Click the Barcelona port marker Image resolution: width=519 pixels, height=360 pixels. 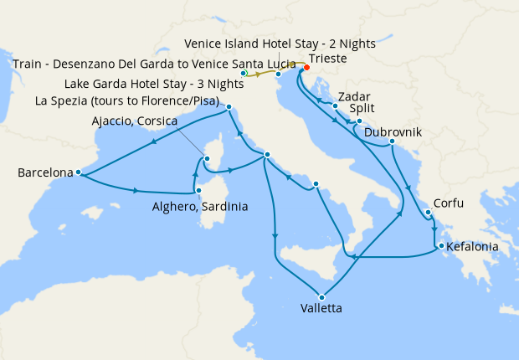pos(78,172)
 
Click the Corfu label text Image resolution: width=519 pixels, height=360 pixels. pos(447,203)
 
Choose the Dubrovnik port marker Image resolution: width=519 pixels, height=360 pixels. pos(392,143)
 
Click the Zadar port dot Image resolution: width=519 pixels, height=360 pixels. pos(335,106)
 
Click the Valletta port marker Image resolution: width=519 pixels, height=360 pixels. pos(320,295)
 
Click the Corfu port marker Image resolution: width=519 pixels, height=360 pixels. pos(428,213)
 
